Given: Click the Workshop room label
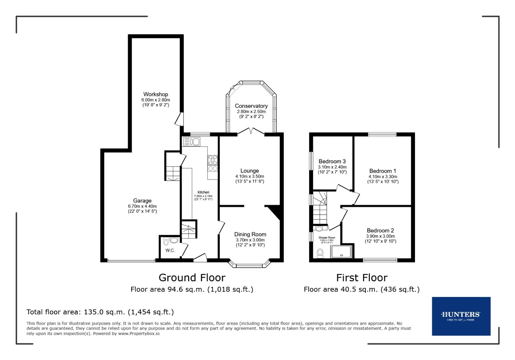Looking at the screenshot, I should pyautogui.click(x=155, y=94).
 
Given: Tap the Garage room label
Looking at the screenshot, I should pyautogui.click(x=142, y=201).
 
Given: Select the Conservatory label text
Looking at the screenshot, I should pyautogui.click(x=251, y=106).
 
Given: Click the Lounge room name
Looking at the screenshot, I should pyautogui.click(x=249, y=171).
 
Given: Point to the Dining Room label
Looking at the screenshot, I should pyautogui.click(x=250, y=234).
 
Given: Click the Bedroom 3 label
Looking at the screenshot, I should pyautogui.click(x=332, y=161).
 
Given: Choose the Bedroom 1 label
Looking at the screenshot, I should pyautogui.click(x=383, y=171).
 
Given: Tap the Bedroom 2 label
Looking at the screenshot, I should pyautogui.click(x=380, y=230).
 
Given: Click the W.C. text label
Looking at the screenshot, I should pyautogui.click(x=170, y=251).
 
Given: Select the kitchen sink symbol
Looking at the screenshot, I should pyautogui.click(x=191, y=142).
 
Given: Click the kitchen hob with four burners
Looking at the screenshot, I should pyautogui.click(x=213, y=161).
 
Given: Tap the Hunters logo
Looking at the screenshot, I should pyautogui.click(x=461, y=316).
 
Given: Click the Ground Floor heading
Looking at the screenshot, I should pyautogui.click(x=192, y=278).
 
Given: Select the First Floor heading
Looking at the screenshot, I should pyautogui.click(x=362, y=278).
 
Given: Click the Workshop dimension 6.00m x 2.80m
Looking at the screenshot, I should pyautogui.click(x=155, y=100).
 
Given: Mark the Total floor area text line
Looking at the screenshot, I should pyautogui.click(x=100, y=312).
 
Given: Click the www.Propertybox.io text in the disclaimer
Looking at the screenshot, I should pyautogui.click(x=138, y=333).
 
